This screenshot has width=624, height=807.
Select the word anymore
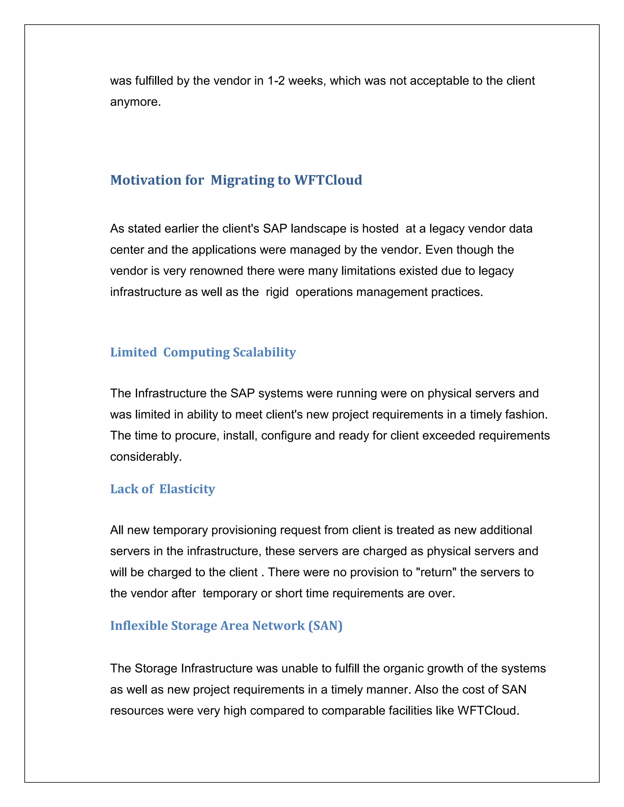point(135,102)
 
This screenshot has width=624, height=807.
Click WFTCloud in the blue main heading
point(328,180)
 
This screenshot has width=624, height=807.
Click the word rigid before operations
point(277,292)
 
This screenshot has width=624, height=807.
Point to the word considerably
point(146,457)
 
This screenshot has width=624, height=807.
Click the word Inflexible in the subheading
point(139,626)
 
